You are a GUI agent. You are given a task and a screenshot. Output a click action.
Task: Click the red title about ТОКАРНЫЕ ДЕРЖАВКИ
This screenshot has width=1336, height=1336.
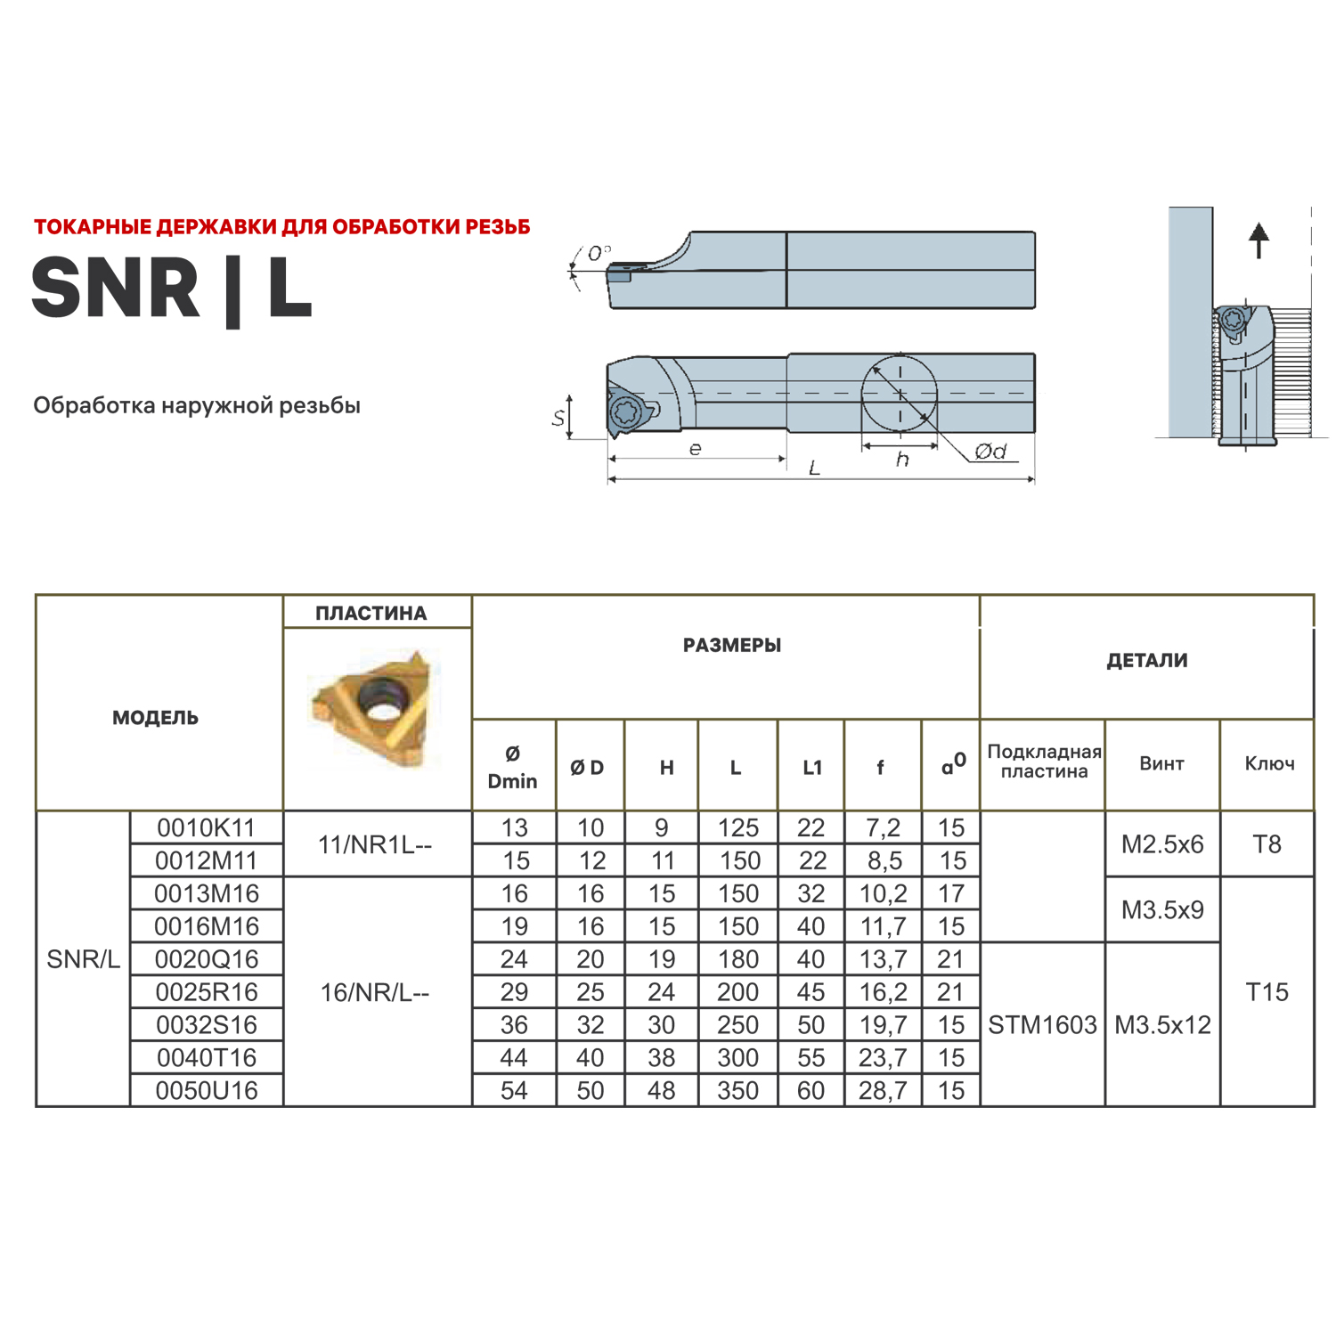click(281, 227)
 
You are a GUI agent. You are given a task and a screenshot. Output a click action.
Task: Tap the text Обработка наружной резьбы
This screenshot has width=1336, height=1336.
click(197, 406)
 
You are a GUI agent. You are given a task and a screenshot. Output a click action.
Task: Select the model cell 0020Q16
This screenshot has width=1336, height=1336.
click(207, 959)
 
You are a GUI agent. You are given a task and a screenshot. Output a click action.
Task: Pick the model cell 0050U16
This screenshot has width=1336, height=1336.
click(207, 1090)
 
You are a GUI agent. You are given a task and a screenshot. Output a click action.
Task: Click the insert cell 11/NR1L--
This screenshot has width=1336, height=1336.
click(375, 844)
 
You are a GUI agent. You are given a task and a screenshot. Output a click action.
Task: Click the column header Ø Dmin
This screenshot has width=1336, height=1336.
click(513, 767)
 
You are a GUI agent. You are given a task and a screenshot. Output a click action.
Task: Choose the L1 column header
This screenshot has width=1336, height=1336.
click(811, 768)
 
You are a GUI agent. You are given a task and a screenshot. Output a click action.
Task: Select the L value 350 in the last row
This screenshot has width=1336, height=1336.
click(737, 1090)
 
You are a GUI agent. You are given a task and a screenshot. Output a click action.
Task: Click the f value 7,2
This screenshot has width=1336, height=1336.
click(883, 828)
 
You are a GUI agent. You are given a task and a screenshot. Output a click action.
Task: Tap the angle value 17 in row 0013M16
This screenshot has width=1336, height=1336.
click(950, 893)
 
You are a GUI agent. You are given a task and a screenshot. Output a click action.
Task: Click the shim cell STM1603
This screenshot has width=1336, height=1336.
click(1042, 1025)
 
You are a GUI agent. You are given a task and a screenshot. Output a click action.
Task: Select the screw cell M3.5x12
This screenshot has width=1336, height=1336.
click(1162, 1025)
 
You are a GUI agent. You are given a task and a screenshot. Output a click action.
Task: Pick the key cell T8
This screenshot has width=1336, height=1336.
click(1267, 844)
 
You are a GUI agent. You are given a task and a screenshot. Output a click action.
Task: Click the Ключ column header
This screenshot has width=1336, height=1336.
click(1269, 763)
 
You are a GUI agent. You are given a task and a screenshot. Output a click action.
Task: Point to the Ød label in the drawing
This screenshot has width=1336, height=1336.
click(990, 452)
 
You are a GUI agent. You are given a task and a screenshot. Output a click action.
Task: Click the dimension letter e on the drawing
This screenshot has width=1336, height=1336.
click(695, 449)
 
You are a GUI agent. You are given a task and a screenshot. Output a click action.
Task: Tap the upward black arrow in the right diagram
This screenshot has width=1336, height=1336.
click(1259, 240)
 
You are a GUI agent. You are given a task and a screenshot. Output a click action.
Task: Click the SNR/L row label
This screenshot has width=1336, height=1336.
click(83, 959)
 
